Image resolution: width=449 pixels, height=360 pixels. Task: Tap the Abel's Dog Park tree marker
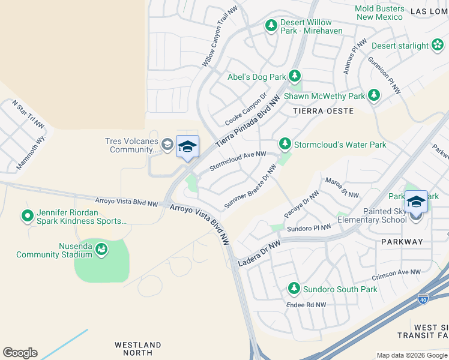tap(295, 76)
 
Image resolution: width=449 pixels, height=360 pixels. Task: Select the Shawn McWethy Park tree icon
tap(374, 95)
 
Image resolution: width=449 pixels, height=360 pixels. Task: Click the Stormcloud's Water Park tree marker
tap(285, 144)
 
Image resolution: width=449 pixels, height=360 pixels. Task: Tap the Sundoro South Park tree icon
tap(294, 289)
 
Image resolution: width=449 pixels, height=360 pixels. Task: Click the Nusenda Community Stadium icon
tap(101, 249)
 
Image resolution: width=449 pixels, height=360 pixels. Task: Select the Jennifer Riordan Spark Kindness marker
tap(27, 215)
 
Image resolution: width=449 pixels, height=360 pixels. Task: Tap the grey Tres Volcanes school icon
tap(167, 143)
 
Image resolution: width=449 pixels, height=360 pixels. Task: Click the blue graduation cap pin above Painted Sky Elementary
tap(416, 202)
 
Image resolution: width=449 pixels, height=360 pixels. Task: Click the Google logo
tap(20, 353)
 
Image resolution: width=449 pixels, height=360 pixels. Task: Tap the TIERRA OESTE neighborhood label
tap(322, 111)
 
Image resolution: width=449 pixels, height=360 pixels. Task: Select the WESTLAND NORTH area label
tap(138, 349)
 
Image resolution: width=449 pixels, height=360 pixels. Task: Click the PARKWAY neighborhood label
tap(402, 242)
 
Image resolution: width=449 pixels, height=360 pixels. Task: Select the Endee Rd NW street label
tap(307, 304)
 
